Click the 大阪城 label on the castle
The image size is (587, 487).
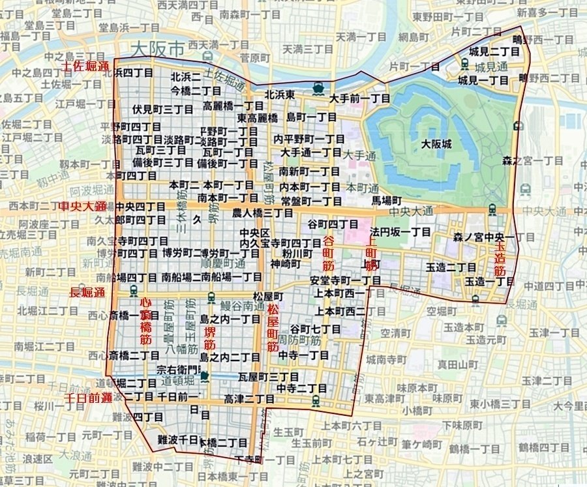pyautogui.click(x=436, y=144)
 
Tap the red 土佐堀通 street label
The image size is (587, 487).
pyautogui.click(x=85, y=67)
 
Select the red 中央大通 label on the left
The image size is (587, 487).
pyautogui.click(x=83, y=207)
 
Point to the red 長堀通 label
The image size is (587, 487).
pyautogui.click(x=87, y=293)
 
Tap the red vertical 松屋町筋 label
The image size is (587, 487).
pyautogui.click(x=273, y=327)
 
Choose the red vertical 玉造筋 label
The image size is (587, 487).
pyautogui.click(x=500, y=259)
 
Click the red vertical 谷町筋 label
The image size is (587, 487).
pyautogui.click(x=328, y=254)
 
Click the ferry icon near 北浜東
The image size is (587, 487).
pyautogui.click(x=318, y=87)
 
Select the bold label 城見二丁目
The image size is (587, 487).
pyautogui.click(x=492, y=50)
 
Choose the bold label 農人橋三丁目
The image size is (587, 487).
pyautogui.click(x=263, y=213)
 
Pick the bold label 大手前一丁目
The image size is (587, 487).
pyautogui.click(x=360, y=99)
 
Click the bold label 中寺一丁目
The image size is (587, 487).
pyautogui.click(x=304, y=355)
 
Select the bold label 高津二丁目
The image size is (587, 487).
pyautogui.click(x=249, y=398)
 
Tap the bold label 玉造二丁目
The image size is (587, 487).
pyautogui.click(x=451, y=267)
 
